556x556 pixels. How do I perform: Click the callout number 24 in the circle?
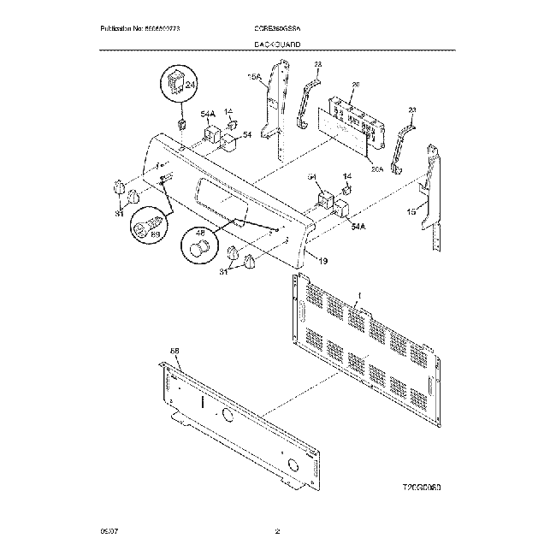coord(190,86)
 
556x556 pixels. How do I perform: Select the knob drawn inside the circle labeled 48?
coord(199,249)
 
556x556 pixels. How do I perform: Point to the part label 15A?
coord(253,77)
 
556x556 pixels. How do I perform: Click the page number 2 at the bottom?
coord(277,534)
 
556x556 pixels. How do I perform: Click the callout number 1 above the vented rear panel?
coord(359,296)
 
